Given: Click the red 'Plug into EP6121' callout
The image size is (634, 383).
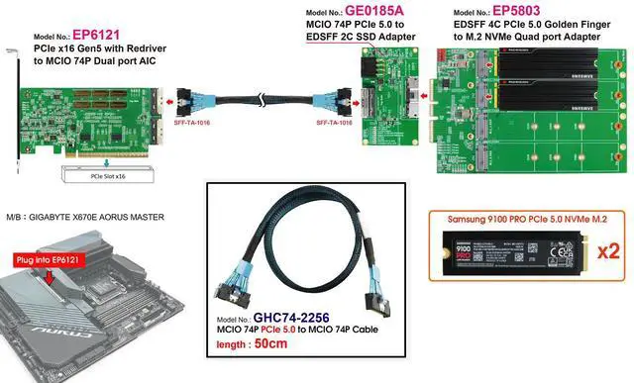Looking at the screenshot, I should tap(47, 259).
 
